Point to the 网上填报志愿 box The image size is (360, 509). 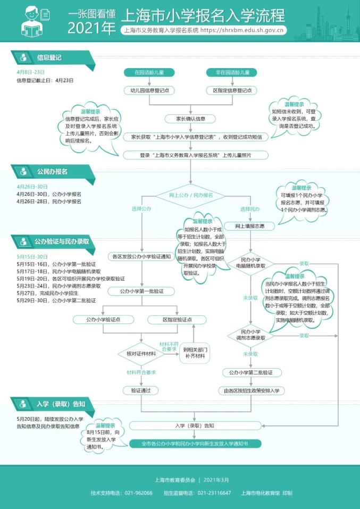tap(250, 226)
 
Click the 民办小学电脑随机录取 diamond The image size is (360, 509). tap(250, 263)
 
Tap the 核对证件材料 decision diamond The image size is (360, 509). tap(141, 354)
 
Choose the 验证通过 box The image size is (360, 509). tap(141, 390)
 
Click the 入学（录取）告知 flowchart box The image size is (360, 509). tap(194, 425)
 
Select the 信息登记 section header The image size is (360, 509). tap(50, 57)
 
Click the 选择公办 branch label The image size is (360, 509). tap(141, 208)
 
